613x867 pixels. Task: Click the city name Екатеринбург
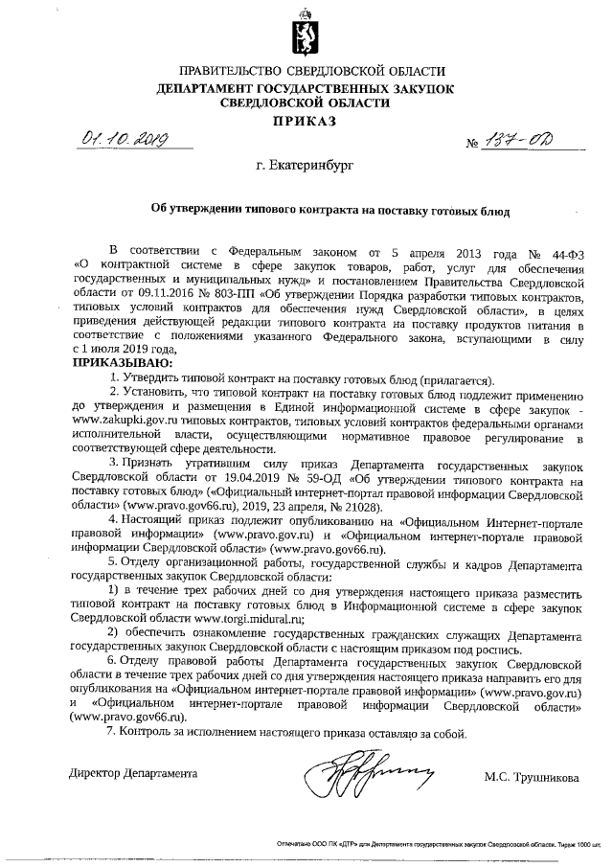305,166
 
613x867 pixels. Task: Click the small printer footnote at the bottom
437,847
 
